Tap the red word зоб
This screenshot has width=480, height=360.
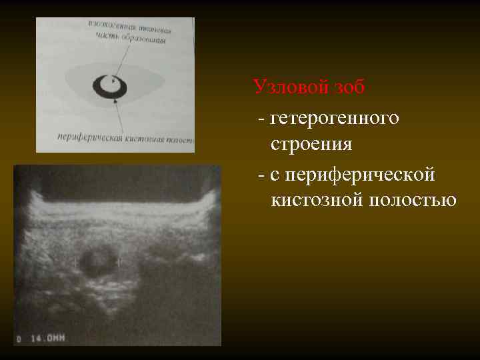pos(348,87)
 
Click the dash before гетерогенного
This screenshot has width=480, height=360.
pos(261,119)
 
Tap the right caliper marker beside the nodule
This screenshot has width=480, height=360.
pos(120,262)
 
